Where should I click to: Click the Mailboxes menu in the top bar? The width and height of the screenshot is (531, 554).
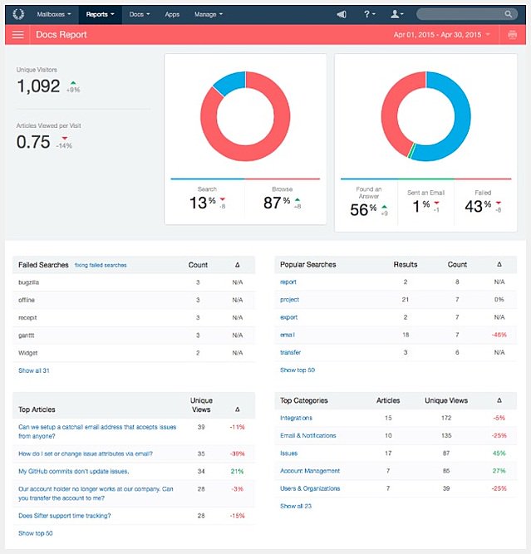point(53,14)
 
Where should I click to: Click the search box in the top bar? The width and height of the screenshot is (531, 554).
point(465,14)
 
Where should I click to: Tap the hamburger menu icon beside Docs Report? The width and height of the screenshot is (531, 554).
point(17,35)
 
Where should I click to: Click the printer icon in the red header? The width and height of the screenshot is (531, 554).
point(512,35)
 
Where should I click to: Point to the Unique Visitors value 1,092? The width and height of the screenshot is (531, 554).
point(38,86)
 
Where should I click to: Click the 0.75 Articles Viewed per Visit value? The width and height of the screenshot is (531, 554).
point(33,142)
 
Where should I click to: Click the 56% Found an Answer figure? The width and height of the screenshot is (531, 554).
point(363,208)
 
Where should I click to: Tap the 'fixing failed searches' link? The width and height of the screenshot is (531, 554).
point(100,265)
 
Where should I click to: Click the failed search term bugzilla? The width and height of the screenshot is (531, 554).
point(29,282)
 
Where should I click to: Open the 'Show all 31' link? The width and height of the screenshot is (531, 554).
point(34,370)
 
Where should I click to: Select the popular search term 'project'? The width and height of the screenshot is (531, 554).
point(289,300)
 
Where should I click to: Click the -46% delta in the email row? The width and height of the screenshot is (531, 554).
point(499,335)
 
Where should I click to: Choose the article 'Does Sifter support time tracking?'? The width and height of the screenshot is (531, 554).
point(64,516)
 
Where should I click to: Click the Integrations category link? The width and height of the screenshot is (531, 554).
point(297,418)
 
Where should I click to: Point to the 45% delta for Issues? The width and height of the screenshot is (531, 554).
point(499,453)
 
